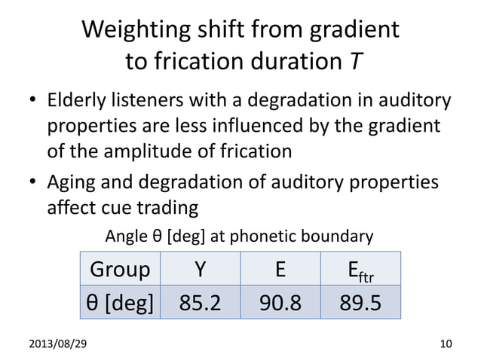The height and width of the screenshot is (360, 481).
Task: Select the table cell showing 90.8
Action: (278, 303)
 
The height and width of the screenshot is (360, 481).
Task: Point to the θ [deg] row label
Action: (120, 303)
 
